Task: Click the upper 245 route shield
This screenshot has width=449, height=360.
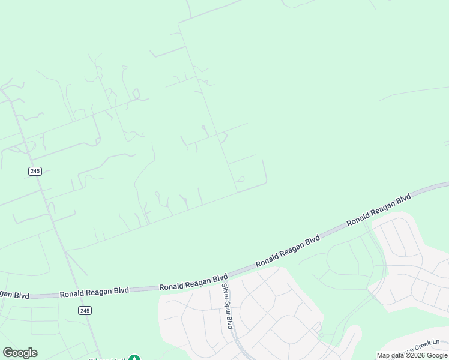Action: [x=35, y=171]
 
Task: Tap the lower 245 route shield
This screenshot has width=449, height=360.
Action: [x=85, y=310]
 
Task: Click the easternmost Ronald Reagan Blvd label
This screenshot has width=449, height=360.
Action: [x=379, y=209]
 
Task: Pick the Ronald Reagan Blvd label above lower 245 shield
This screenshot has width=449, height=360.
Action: [x=94, y=291]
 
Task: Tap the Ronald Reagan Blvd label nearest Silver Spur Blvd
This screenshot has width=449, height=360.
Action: [x=193, y=283]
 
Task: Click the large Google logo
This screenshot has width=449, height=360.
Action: [x=20, y=353]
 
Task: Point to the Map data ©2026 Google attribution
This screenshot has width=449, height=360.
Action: [x=412, y=356]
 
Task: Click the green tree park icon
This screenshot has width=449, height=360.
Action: [x=134, y=358]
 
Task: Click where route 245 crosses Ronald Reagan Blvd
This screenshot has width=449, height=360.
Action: [x=76, y=292]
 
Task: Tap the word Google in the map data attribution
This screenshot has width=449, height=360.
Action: [x=437, y=356]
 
